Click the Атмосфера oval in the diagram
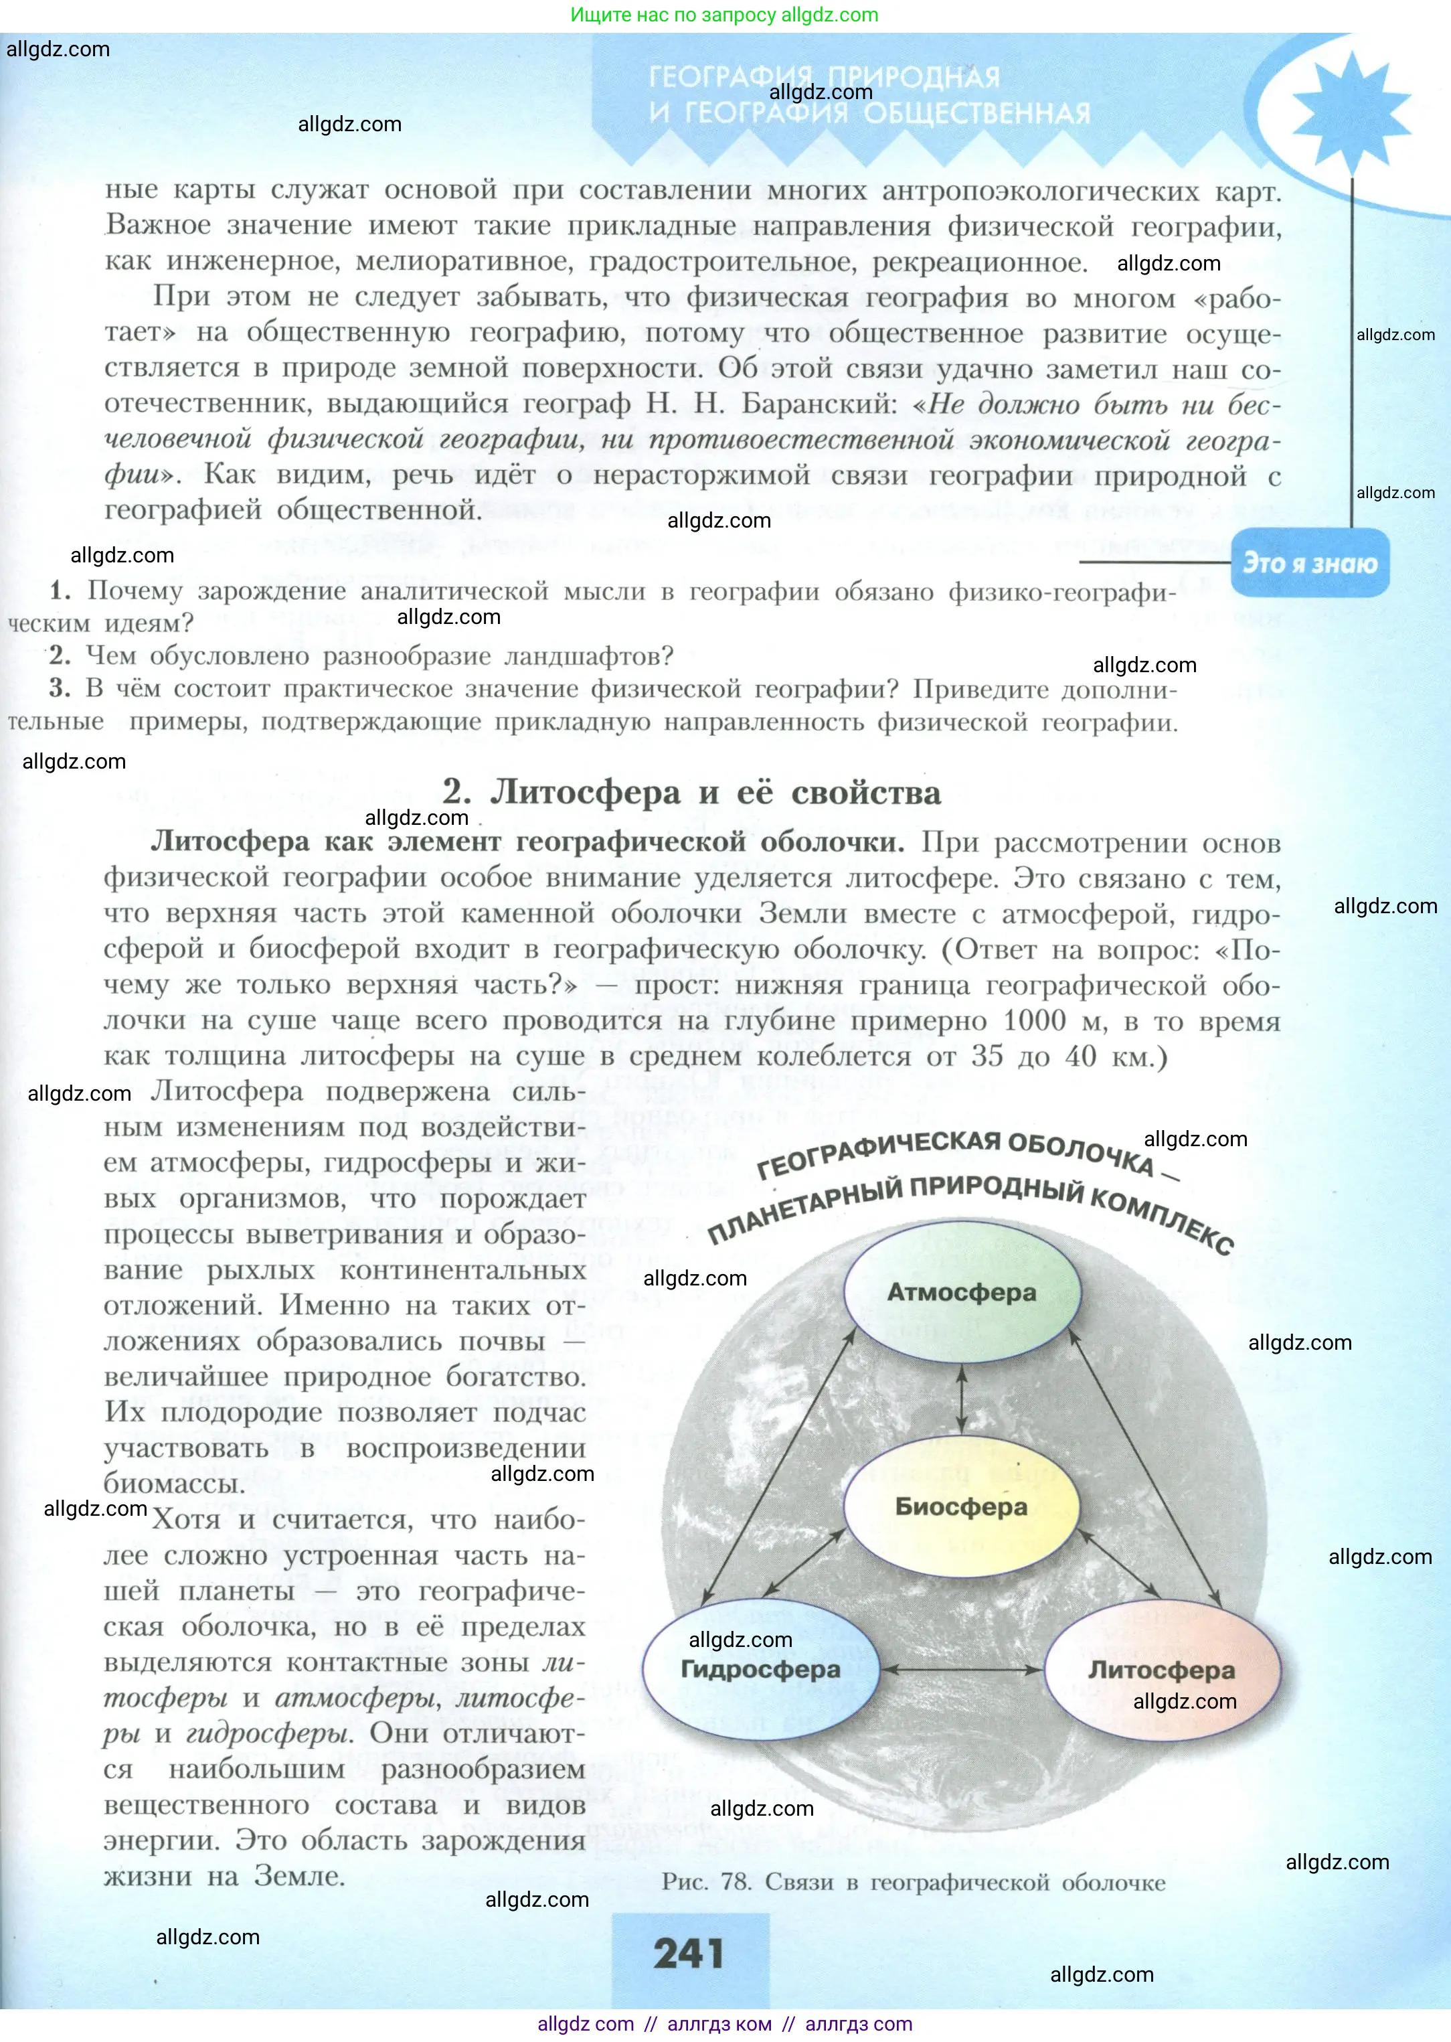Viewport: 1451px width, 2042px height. [x=961, y=1292]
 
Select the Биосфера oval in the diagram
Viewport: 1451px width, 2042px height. [x=961, y=1506]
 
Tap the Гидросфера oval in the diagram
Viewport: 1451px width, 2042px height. [x=761, y=1669]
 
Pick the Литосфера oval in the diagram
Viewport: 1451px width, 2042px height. [x=1161, y=1669]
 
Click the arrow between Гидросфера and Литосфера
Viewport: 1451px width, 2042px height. [x=961, y=1669]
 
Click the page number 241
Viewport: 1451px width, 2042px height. [x=689, y=1954]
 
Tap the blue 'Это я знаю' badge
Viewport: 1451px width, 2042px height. [x=1310, y=563]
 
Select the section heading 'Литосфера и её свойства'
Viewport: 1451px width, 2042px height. [x=715, y=793]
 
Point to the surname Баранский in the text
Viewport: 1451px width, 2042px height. [x=819, y=404]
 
